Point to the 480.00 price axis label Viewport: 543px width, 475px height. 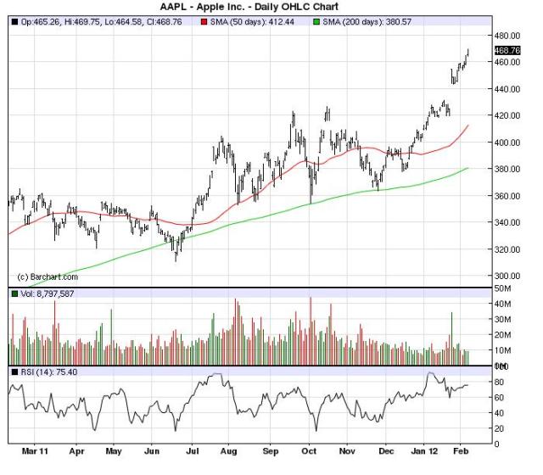tap(507, 36)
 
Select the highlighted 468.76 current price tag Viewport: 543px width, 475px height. tap(507, 51)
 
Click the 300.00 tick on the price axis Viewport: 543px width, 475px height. tap(507, 277)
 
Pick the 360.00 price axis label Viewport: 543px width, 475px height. tap(507, 196)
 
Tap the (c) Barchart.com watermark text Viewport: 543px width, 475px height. tap(48, 277)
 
